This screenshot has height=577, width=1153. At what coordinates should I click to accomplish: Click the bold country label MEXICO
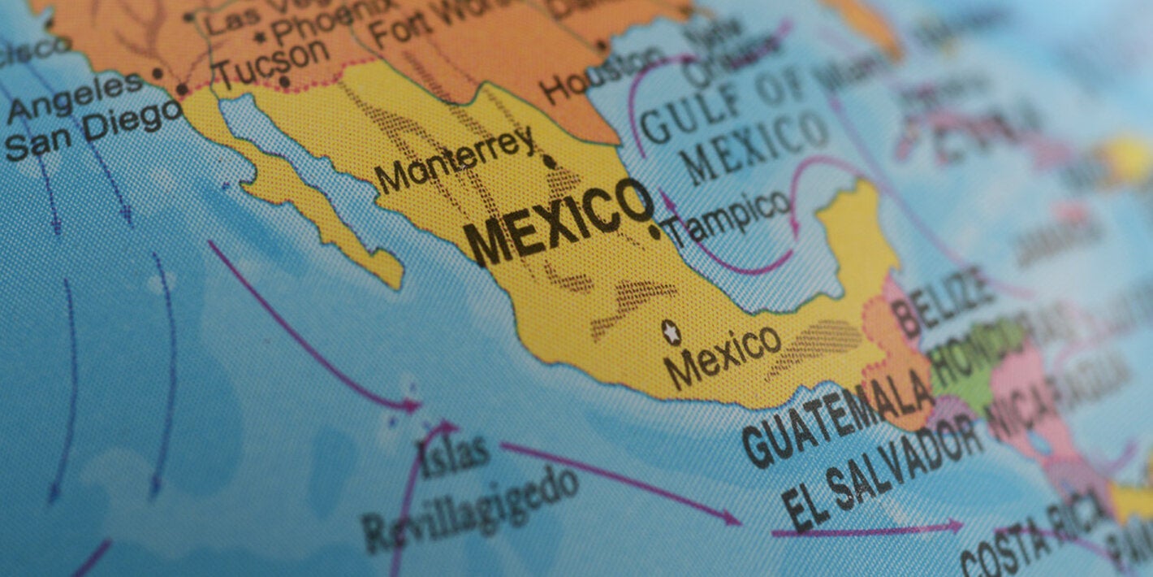point(560,221)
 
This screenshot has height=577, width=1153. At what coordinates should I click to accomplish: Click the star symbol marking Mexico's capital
point(671,331)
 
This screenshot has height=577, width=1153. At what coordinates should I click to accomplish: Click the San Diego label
point(93,130)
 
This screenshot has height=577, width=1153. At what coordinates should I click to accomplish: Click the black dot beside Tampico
point(654,232)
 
